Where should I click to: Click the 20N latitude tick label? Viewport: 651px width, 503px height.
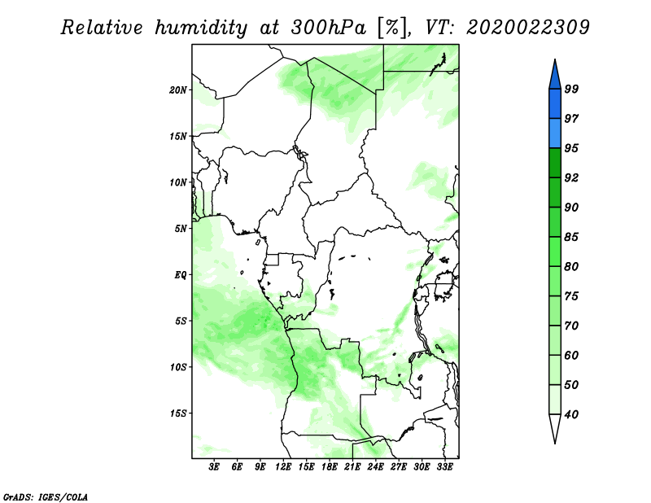coord(178,90)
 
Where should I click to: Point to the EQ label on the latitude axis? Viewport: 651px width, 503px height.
coord(180,274)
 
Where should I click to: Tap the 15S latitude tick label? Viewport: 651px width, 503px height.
coord(178,413)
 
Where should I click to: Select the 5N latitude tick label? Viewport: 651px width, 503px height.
coord(181,229)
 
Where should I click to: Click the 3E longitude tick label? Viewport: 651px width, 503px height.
coord(214,466)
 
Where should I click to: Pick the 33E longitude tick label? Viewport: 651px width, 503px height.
coord(444,466)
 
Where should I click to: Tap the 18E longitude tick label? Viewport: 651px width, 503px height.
coord(330,466)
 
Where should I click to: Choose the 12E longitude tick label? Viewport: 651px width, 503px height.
coord(283,466)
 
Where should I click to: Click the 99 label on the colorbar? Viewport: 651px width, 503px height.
coord(571,89)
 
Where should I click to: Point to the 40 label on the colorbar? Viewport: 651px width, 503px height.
coord(571,414)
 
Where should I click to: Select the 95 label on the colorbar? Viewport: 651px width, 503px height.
coord(571,148)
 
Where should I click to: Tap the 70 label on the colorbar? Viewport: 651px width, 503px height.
coord(571,326)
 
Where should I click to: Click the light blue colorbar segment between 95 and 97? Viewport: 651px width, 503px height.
coord(555,133)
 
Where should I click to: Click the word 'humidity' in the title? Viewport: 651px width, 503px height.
coord(201,28)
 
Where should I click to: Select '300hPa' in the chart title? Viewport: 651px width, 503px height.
coord(329,28)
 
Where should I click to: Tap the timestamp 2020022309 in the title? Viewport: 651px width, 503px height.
coord(528,28)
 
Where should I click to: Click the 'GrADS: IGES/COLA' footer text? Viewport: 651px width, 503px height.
coord(46,497)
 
